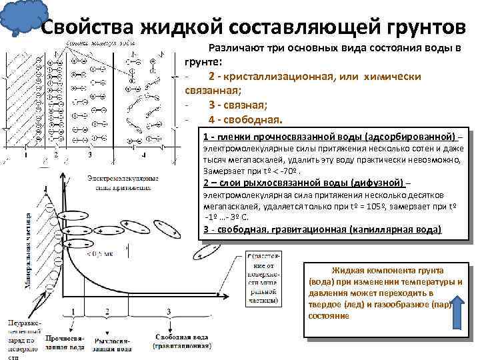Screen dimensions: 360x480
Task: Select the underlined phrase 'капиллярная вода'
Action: click(400, 229)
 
